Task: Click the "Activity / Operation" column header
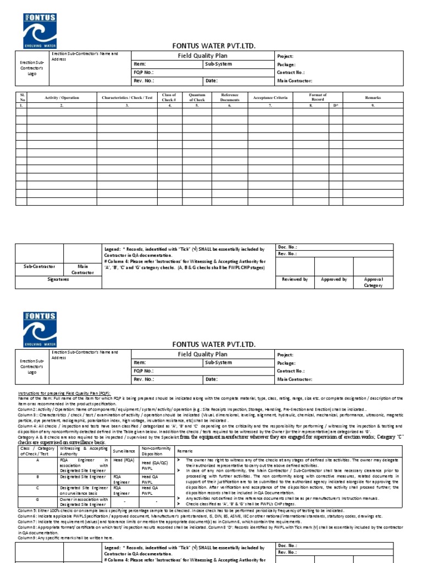pos(62,97)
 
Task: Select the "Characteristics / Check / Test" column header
pos(127,97)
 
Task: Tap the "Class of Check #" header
pos(169,97)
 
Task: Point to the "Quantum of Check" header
pos(197,97)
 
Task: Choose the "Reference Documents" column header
pos(230,97)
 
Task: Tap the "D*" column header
pos(336,104)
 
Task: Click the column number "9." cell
pos(373,104)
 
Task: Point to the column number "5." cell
pos(197,104)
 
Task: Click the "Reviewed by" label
pos(295,279)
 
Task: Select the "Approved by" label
pos(334,279)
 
